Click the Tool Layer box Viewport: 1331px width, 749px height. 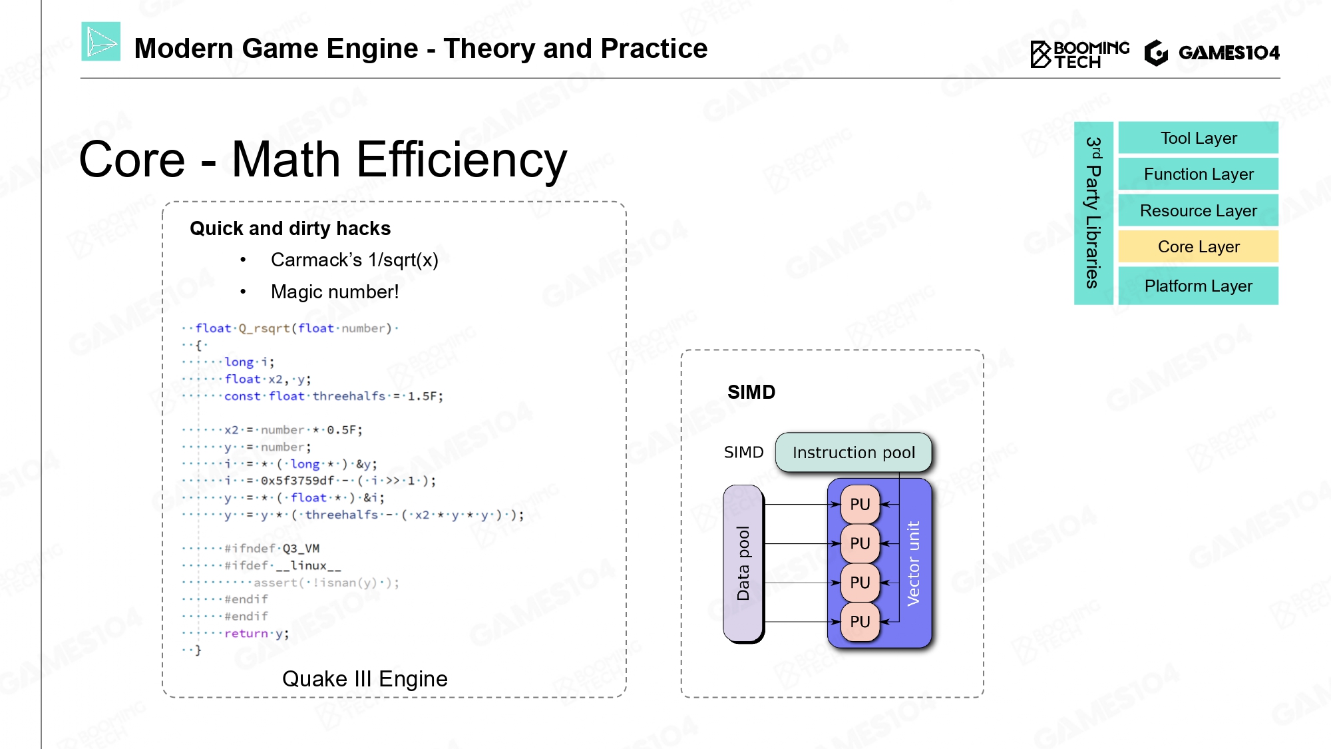[1198, 138]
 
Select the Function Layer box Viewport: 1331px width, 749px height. [1198, 174]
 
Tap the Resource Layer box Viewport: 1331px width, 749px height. [1198, 210]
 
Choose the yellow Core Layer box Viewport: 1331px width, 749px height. [1198, 246]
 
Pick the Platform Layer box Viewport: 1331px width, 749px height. [1198, 286]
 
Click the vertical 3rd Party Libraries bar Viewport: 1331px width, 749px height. [1093, 213]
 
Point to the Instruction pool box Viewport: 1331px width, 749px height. [853, 453]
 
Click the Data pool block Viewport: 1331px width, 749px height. [743, 563]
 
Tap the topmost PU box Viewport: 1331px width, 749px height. [860, 504]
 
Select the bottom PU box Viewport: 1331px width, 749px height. [860, 622]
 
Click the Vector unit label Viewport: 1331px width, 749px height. [913, 563]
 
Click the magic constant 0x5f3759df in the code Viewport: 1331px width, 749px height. [297, 481]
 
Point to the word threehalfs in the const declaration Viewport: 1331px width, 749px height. [349, 396]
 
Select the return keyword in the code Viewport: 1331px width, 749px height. [246, 633]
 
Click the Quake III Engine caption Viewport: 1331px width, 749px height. [365, 679]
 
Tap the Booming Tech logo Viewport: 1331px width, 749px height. [1079, 54]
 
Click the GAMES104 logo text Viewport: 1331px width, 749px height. [1229, 53]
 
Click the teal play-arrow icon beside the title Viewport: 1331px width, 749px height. [101, 42]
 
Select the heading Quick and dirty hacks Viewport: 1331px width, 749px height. [290, 228]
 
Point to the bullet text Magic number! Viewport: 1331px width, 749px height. [335, 292]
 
